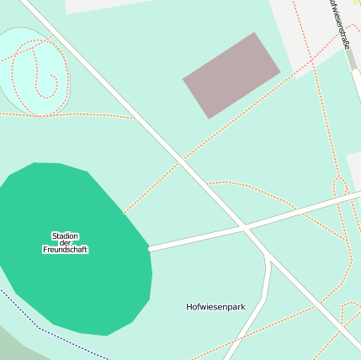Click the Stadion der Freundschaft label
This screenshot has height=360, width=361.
click(65, 242)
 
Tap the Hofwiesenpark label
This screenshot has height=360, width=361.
click(215, 307)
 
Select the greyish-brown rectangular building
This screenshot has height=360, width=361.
click(231, 75)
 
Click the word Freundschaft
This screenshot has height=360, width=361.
click(65, 250)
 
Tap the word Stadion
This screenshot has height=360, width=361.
click(65, 236)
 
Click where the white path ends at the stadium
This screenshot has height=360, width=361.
click(150, 248)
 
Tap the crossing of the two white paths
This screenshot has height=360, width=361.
click(243, 227)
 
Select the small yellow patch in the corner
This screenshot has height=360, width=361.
click(357, 3)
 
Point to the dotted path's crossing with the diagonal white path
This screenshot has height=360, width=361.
click(183, 157)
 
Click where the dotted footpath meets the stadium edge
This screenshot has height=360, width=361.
click(125, 212)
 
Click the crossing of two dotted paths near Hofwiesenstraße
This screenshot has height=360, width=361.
click(312, 61)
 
